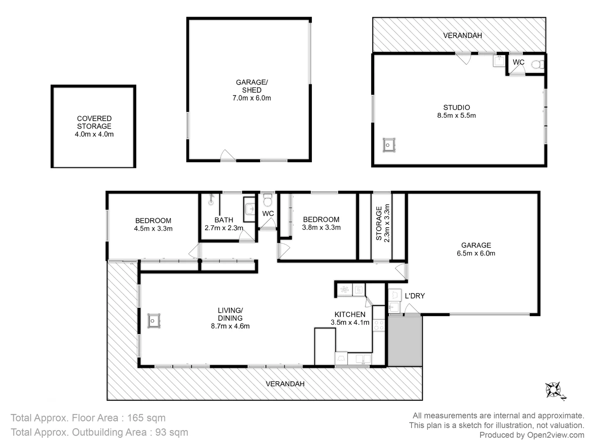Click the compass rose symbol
click(x=554, y=390)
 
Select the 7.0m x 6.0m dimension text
click(x=252, y=98)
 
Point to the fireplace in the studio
click(x=389, y=145)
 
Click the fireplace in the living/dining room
click(x=154, y=321)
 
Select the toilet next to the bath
click(x=267, y=201)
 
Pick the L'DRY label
click(x=414, y=296)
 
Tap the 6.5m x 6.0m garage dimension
click(x=476, y=253)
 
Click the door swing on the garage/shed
click(x=227, y=156)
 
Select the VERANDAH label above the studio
click(x=462, y=36)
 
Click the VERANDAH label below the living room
click(x=285, y=384)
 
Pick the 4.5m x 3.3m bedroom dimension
click(x=153, y=229)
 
